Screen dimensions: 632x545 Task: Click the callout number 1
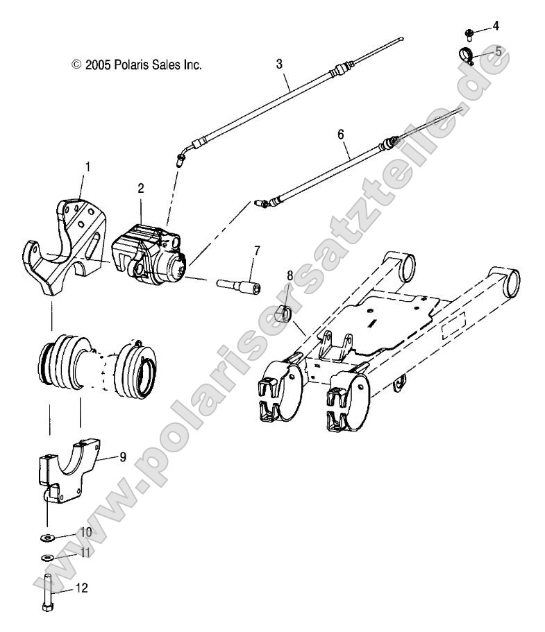click(87, 166)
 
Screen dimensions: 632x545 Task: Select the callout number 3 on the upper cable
click(279, 64)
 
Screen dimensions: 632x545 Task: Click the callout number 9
click(122, 456)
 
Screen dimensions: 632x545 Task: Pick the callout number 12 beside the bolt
click(82, 588)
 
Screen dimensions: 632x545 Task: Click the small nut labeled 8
click(283, 296)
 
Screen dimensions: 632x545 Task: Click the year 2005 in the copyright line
click(96, 65)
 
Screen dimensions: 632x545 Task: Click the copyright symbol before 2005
click(76, 65)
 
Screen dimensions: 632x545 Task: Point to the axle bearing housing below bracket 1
click(97, 364)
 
